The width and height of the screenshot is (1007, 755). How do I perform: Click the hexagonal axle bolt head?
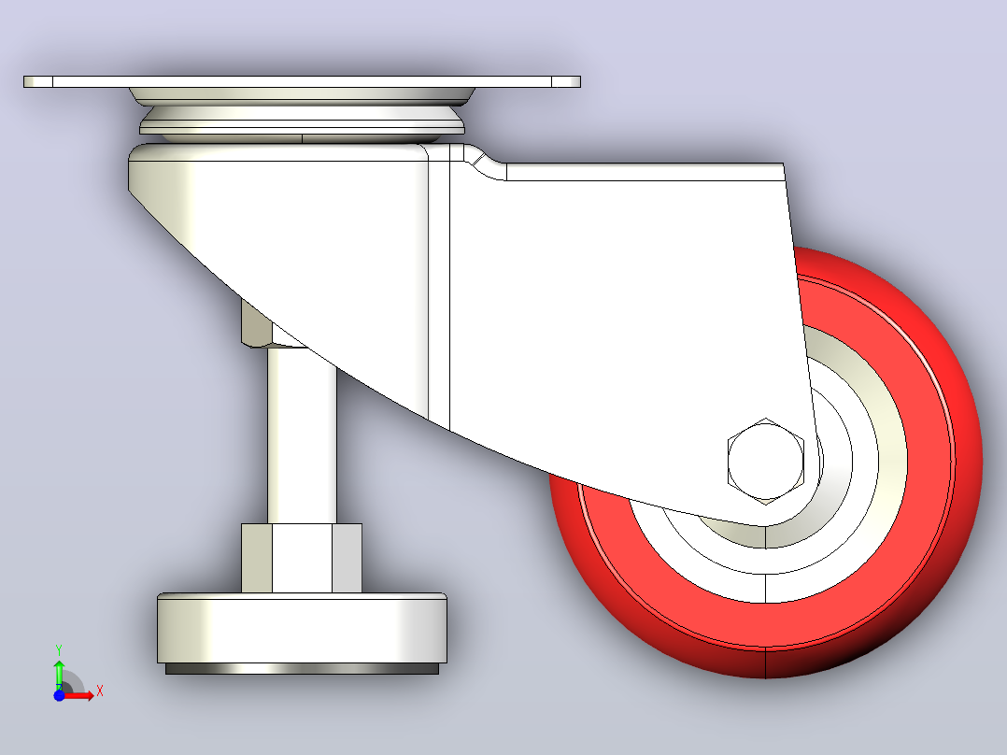coord(766,461)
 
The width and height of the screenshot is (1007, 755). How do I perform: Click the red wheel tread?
coord(963,463)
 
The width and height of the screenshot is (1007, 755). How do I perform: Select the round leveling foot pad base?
coord(302,628)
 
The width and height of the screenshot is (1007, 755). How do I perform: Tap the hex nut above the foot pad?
coord(302,558)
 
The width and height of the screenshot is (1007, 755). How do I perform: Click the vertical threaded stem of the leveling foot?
coord(302,443)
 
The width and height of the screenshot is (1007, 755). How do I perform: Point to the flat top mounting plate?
coord(302,81)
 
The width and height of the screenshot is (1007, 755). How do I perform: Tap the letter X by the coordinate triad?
coord(100,691)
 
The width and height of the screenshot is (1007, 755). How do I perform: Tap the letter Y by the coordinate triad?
coord(59,650)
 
